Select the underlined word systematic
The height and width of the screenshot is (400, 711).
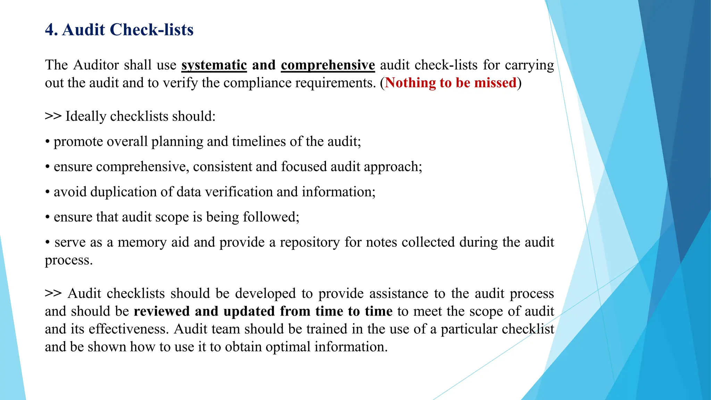(214, 65)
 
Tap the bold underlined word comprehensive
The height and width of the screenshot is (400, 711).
(328, 65)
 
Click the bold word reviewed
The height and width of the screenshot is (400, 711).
(161, 311)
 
